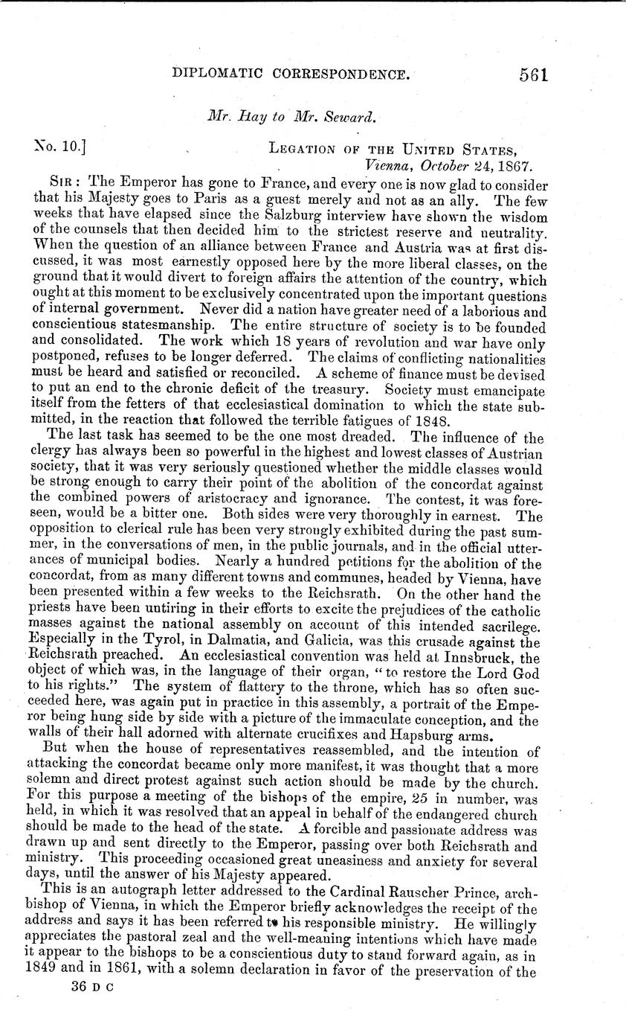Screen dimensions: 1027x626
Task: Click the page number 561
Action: point(530,75)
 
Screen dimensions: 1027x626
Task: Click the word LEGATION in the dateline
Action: point(300,149)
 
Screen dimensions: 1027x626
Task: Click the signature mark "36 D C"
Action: point(86,963)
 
